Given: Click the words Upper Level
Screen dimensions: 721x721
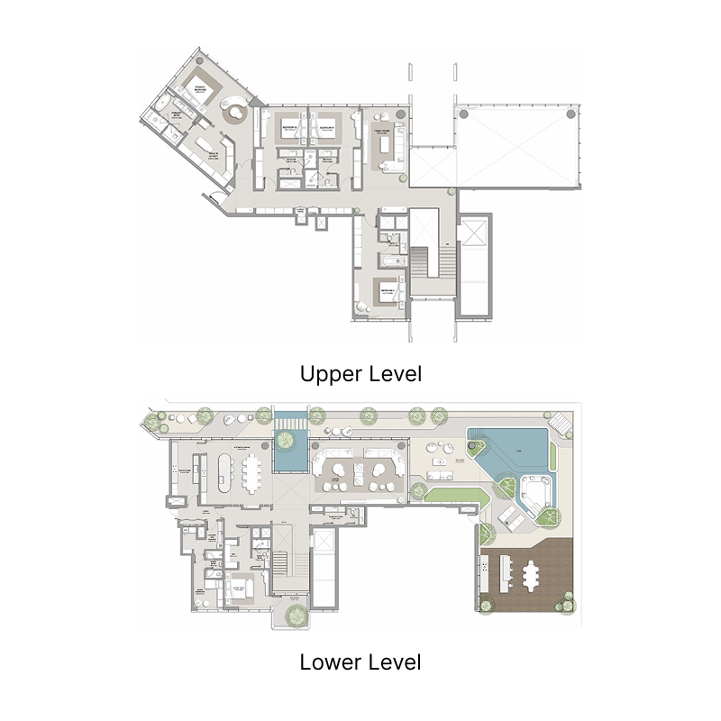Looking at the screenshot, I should [x=360, y=374].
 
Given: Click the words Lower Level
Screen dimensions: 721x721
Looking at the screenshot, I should [x=360, y=663].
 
